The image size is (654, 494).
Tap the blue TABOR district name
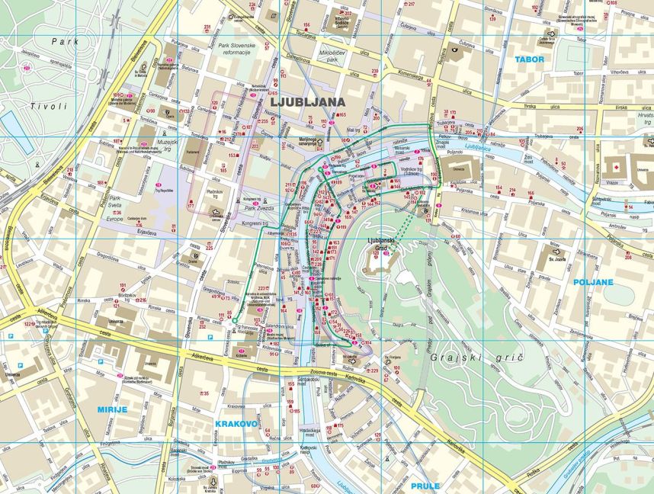pyautogui.click(x=529, y=59)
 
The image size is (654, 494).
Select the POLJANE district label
pyautogui.click(x=595, y=282)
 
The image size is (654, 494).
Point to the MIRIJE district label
pyautogui.click(x=112, y=409)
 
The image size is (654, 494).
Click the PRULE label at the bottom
pyautogui.click(x=425, y=485)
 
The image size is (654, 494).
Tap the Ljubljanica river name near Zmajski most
pyautogui.click(x=479, y=147)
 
